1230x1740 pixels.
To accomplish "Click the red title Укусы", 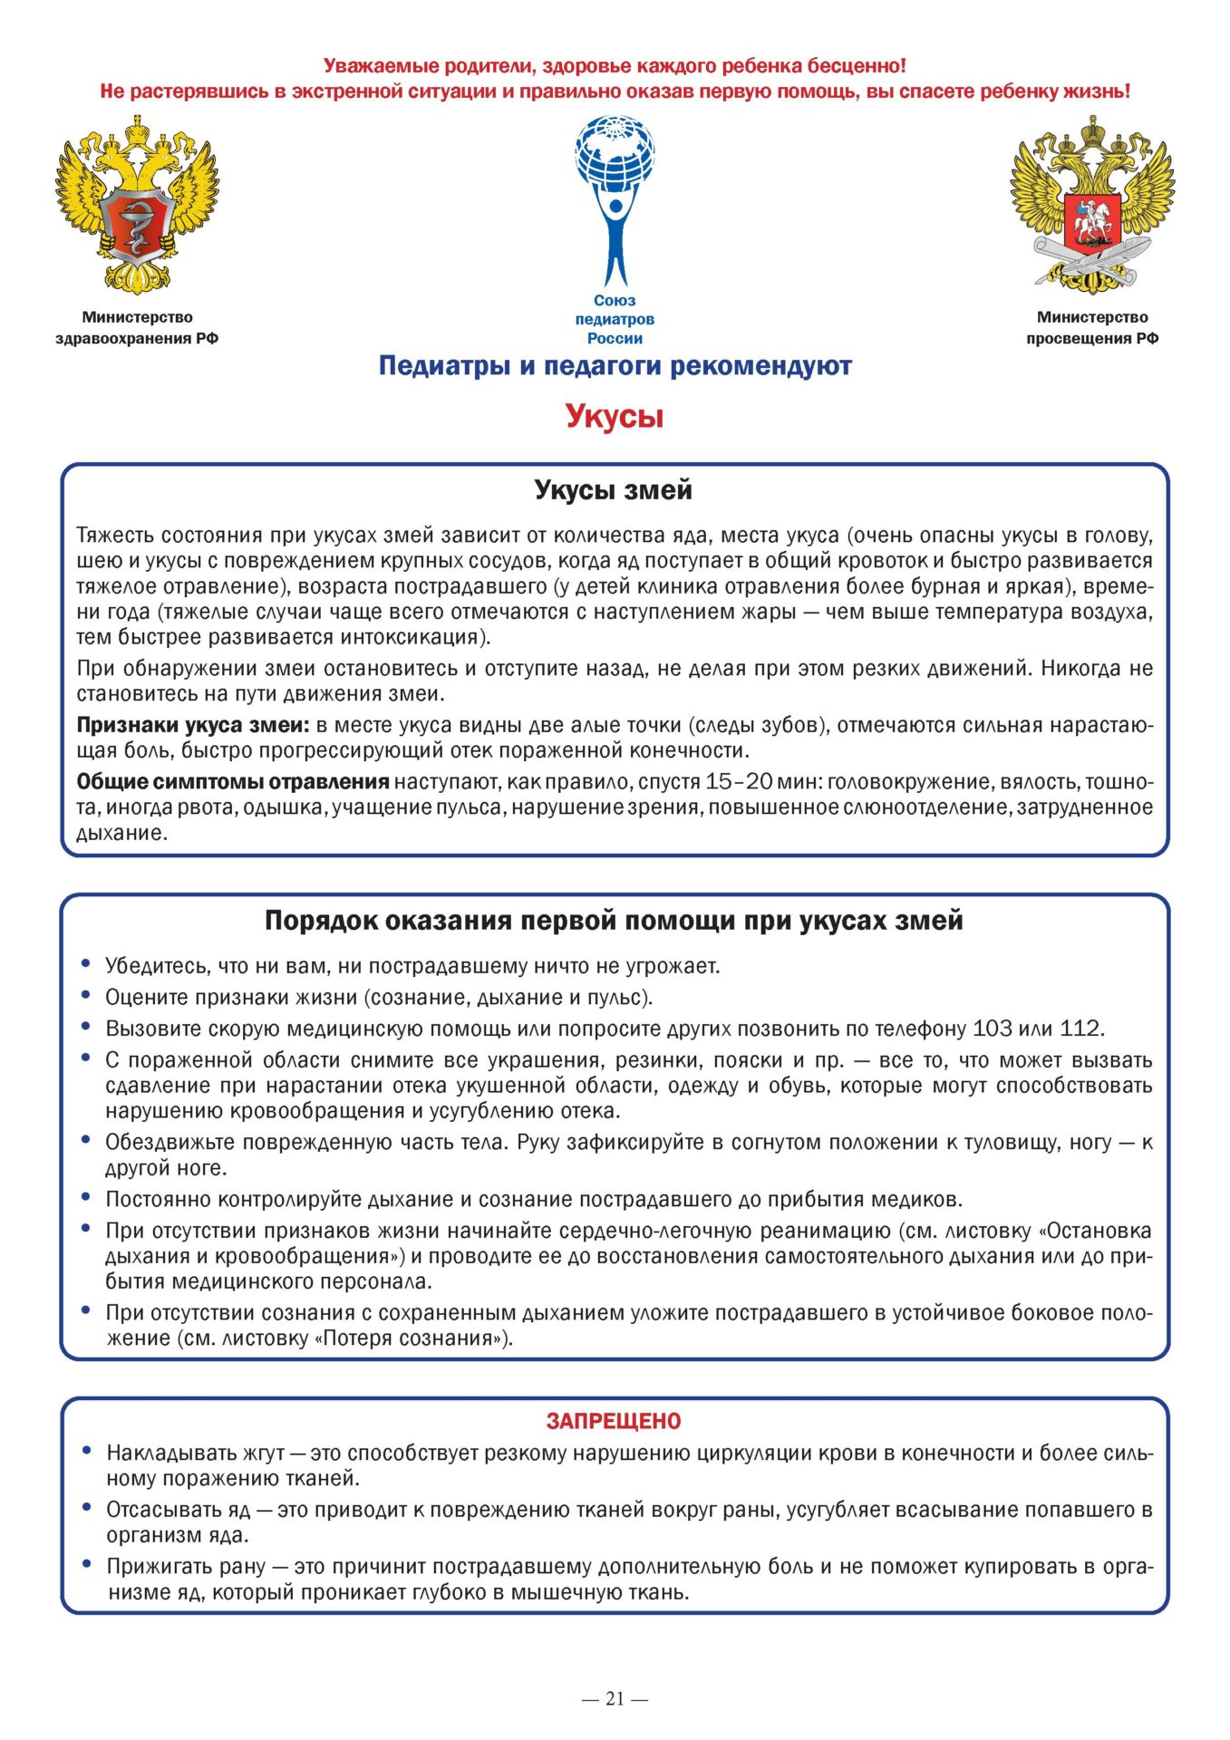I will tap(615, 416).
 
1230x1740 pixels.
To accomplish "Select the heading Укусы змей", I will tap(613, 490).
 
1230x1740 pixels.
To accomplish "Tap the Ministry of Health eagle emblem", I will tap(137, 204).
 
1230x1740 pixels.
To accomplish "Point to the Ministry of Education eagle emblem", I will tap(1092, 204).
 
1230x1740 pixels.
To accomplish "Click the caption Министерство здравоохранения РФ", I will tap(137, 327).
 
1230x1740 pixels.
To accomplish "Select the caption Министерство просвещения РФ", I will tap(1092, 327).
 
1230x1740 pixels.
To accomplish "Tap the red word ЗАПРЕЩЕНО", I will tap(614, 1421).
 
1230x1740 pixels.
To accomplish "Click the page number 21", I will tap(615, 1699).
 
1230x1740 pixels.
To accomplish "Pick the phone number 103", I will tap(993, 1029).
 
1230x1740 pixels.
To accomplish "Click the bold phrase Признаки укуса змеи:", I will tap(193, 725).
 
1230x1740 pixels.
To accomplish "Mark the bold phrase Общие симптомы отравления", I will tap(233, 781).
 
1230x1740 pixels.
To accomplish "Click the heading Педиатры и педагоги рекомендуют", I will tap(615, 366).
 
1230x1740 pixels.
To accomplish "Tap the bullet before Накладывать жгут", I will tap(86, 1451).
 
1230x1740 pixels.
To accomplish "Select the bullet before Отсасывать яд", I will tap(86, 1508).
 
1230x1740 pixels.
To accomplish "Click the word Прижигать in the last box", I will tap(160, 1566).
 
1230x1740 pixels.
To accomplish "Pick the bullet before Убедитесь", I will tap(86, 964).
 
